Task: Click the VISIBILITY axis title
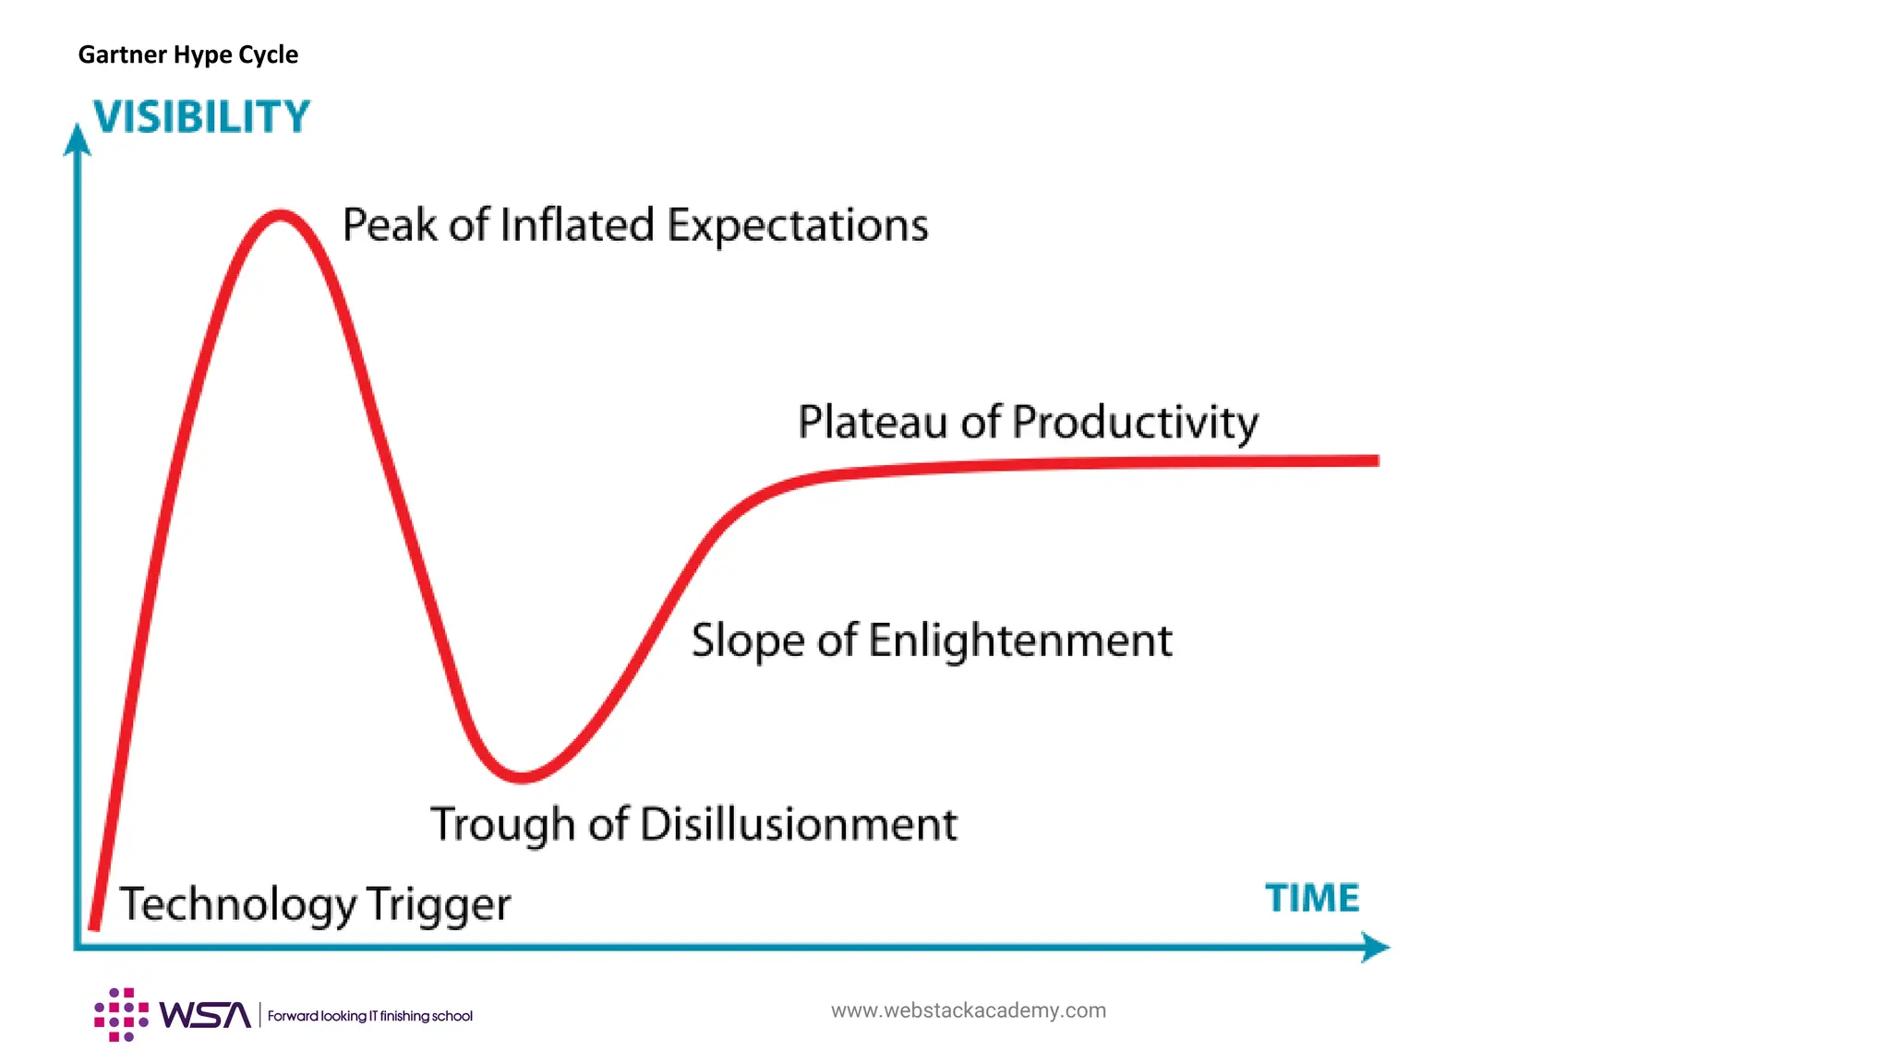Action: coord(201,117)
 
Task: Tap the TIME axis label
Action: coord(1311,898)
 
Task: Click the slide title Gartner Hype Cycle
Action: coord(187,54)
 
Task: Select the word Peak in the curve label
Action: coord(388,224)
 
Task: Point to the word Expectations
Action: coord(797,226)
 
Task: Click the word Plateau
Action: coord(873,422)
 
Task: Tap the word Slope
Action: coord(748,641)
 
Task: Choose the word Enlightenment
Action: coord(1019,640)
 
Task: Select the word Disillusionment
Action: coord(798,824)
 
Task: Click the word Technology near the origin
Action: coord(237,904)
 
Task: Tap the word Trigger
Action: coord(438,905)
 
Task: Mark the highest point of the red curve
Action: coord(280,216)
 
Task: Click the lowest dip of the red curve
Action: coord(522,777)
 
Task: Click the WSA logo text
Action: coord(204,1015)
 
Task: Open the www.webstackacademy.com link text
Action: coord(968,1010)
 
